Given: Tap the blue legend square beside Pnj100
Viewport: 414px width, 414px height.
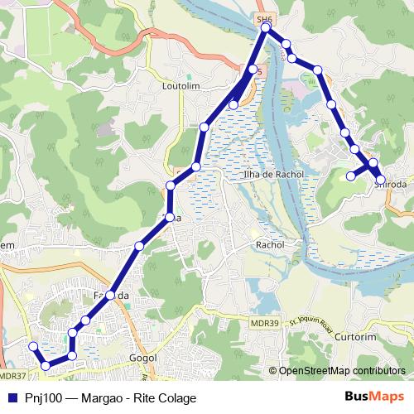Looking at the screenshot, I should click(x=12, y=397).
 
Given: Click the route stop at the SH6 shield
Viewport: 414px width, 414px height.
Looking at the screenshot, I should click(x=266, y=28).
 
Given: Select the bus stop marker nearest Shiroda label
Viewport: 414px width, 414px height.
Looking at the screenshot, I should click(x=380, y=179).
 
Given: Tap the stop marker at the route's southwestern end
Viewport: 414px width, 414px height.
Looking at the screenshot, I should click(x=33, y=346).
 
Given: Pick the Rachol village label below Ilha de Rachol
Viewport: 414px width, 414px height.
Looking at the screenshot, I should click(x=270, y=245).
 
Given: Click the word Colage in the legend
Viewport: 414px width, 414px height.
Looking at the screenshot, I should click(x=176, y=398).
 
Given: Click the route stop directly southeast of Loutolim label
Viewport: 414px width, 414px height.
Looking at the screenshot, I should click(x=204, y=127).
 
